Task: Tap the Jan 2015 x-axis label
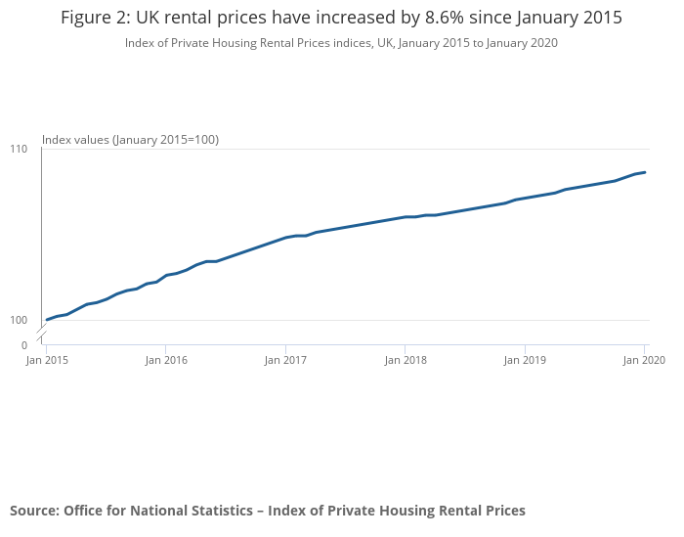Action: coord(47,361)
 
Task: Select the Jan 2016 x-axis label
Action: coord(166,361)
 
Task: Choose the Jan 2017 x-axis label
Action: coord(285,361)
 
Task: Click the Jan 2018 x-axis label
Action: coord(405,361)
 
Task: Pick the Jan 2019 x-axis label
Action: coord(525,361)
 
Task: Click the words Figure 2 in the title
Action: coord(96,19)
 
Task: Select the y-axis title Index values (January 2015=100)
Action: coord(130,140)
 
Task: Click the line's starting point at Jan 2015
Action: coord(47,320)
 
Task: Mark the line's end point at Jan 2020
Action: coord(645,172)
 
